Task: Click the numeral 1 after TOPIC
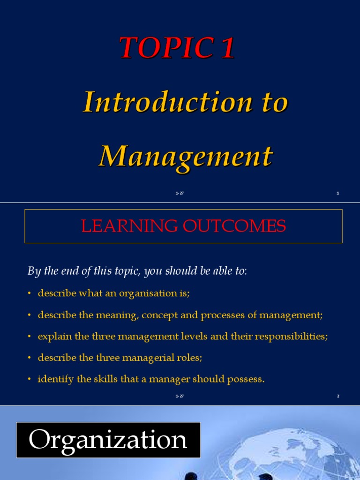[x=227, y=48]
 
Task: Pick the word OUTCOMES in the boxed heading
[x=234, y=226]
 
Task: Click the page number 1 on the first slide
[x=337, y=193]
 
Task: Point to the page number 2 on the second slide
[x=337, y=396]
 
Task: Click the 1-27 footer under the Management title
[x=180, y=193]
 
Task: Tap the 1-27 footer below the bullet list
[x=180, y=396]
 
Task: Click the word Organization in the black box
[x=108, y=440]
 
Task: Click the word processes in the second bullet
[x=223, y=315]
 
